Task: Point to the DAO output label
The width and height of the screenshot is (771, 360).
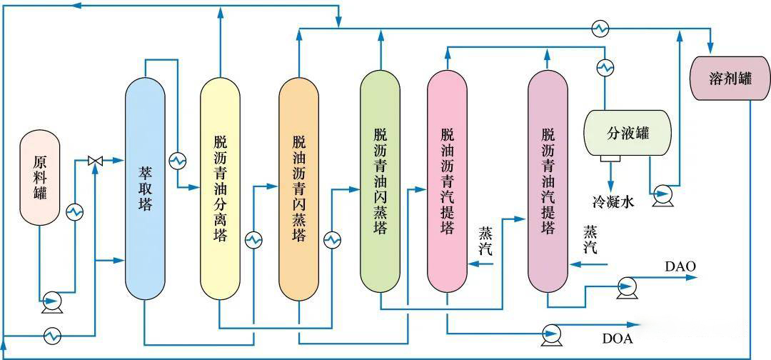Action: (x=680, y=266)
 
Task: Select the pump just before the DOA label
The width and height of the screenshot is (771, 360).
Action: (x=552, y=332)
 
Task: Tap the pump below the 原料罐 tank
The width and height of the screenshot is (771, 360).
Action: (x=49, y=300)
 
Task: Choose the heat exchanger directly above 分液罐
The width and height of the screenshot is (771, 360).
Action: (x=605, y=67)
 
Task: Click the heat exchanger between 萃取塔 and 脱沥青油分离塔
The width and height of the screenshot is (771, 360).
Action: (x=177, y=161)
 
